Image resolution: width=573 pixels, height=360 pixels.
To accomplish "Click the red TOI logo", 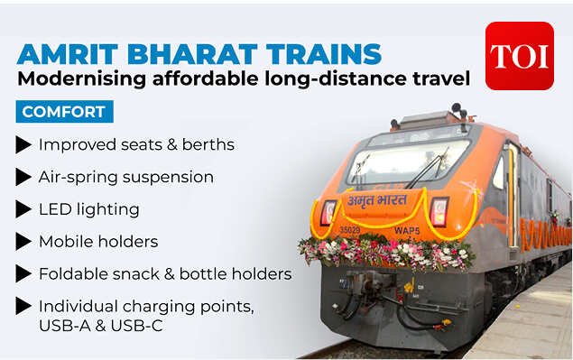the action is click(x=519, y=56).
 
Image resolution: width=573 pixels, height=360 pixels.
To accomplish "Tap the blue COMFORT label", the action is click(x=65, y=112).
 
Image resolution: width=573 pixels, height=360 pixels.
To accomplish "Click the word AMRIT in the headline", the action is click(x=68, y=54).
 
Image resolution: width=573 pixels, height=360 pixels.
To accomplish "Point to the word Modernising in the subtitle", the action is click(x=82, y=78).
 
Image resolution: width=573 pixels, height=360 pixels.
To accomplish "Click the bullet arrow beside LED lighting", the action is click(x=23, y=209).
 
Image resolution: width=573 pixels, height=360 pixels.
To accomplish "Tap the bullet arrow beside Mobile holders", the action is click(x=23, y=242).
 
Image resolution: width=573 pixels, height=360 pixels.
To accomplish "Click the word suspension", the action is click(x=168, y=178).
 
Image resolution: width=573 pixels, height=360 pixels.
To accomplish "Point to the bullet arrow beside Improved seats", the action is click(x=23, y=144).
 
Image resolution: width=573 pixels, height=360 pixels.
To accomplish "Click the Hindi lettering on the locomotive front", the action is click(x=377, y=200).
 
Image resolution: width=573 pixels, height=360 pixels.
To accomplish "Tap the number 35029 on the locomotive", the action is click(x=350, y=230).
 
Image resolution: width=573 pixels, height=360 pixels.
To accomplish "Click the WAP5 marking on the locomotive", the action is click(x=407, y=231).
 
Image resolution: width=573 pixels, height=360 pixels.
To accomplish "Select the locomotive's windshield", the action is click(x=408, y=162).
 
